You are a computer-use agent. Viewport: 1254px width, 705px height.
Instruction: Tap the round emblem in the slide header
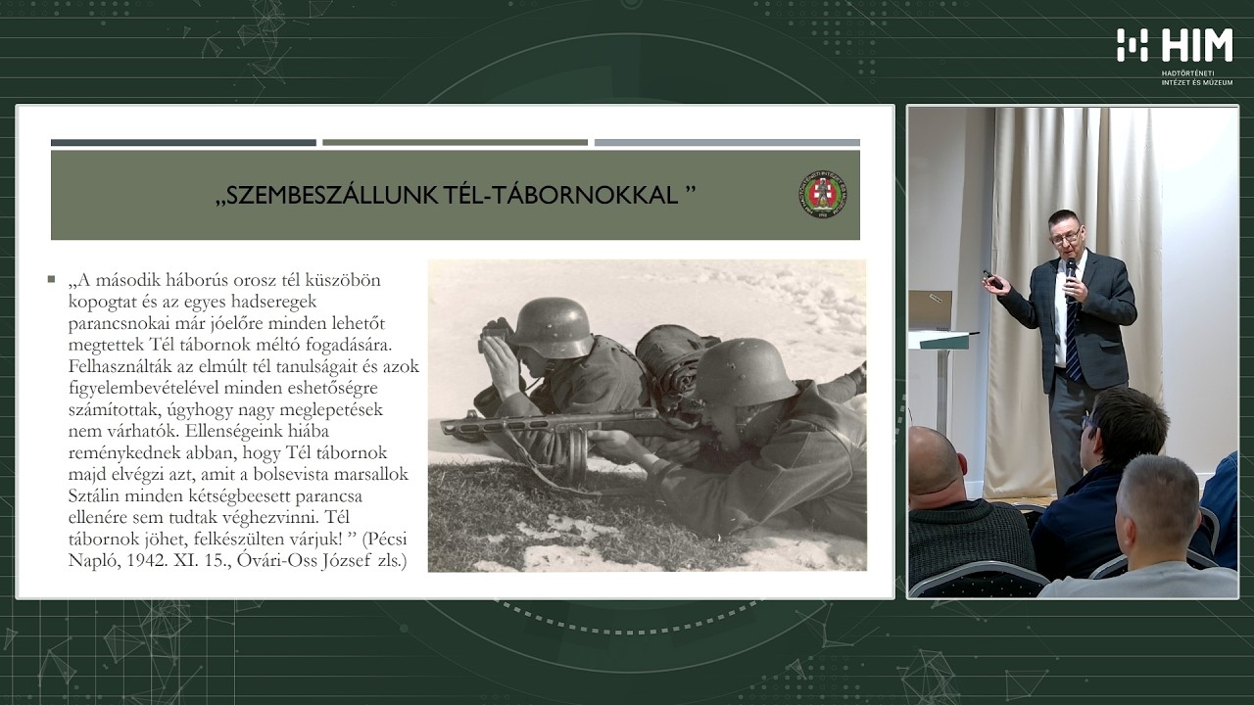point(822,194)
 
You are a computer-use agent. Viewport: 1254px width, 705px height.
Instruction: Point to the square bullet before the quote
point(51,280)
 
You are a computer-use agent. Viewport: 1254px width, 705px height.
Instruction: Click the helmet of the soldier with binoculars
point(554,326)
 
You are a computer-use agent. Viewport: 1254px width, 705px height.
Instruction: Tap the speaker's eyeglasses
point(1065,235)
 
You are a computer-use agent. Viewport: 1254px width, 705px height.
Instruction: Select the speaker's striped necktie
point(1072,338)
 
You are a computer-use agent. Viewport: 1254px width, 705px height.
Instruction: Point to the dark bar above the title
point(183,143)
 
